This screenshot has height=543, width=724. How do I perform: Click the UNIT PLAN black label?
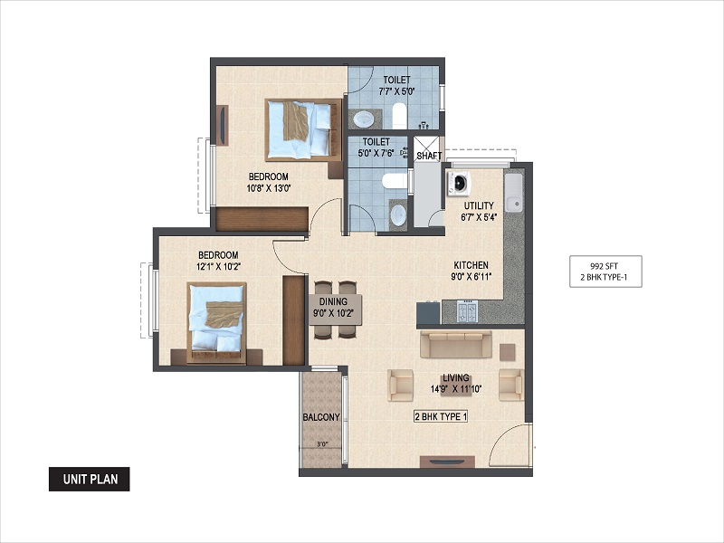coord(89,479)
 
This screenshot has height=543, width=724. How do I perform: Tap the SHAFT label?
coord(429,156)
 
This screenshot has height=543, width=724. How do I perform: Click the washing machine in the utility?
coord(458,184)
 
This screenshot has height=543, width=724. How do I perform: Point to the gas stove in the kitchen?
coord(467,310)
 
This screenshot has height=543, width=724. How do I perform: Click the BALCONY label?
coord(321,417)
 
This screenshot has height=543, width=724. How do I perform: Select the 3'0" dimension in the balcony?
coord(322,444)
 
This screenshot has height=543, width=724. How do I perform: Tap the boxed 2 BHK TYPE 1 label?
coord(441,416)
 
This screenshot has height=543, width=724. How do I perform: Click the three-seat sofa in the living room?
coord(456,344)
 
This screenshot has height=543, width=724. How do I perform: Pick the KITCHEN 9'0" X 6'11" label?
coord(471,271)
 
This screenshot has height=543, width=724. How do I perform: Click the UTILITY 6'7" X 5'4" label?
coord(479,212)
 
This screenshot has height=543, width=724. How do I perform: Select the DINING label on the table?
coord(333,301)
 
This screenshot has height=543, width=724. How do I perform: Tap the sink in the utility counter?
coord(513,193)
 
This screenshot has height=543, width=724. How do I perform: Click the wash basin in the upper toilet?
coord(364,119)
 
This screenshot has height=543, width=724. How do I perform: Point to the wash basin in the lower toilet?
coord(398,214)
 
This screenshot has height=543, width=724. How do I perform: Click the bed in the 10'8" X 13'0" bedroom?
coord(303,129)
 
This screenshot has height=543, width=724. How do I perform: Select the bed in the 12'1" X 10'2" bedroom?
coord(216,322)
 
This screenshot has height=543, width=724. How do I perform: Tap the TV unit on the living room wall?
coord(447,462)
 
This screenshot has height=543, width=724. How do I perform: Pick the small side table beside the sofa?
coord(508,352)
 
